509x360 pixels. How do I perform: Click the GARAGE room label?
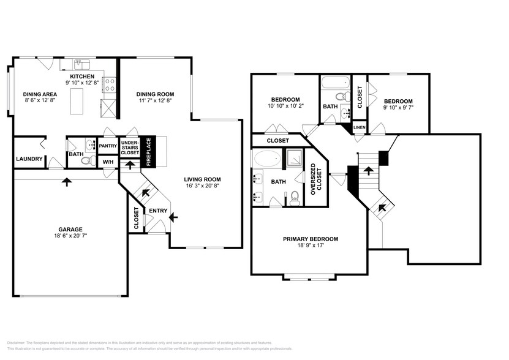point(70,228)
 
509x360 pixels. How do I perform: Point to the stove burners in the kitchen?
point(110,84)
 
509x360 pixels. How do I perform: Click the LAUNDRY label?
point(29,159)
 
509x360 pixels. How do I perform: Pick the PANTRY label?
point(107,146)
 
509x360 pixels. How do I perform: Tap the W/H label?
point(108,162)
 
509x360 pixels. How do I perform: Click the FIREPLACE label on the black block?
point(148,151)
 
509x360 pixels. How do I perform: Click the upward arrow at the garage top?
point(66,181)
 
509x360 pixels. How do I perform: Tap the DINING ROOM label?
point(155,94)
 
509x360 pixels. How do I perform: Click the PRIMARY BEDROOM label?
point(311,239)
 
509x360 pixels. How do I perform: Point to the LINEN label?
point(359,127)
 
